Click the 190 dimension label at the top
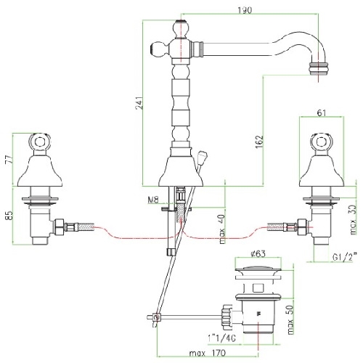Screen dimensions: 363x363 point(245,10)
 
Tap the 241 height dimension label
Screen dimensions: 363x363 point(139,103)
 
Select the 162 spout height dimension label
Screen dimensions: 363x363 point(259,142)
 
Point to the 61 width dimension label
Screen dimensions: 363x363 point(321,113)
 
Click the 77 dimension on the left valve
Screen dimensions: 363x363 point(9,158)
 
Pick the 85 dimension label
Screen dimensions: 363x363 point(9,216)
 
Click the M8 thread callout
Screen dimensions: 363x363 point(153,200)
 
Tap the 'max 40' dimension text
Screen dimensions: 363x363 point(222,229)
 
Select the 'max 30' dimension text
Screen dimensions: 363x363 point(353,220)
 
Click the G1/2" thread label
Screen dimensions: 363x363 point(345,257)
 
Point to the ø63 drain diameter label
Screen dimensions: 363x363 point(258,253)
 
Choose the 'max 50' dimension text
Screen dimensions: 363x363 point(290,319)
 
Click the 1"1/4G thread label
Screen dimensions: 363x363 point(221,338)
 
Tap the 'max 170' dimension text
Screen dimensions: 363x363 point(208,353)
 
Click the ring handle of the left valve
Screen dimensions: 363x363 point(40,142)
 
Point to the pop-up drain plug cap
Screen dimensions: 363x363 point(258,269)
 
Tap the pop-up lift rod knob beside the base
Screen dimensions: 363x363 point(201,155)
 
